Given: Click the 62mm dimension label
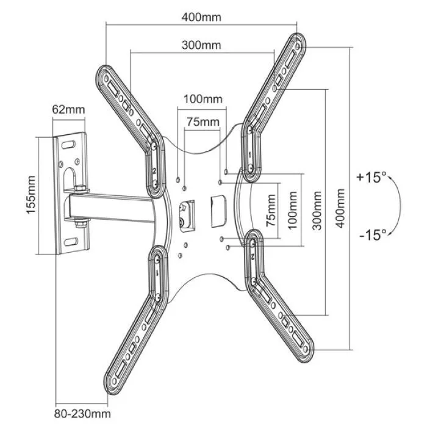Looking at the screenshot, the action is pos(68,109).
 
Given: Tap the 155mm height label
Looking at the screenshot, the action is pos(30,195).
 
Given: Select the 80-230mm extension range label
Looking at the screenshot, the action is pos(82,414).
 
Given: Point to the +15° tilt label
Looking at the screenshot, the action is pos(371,177).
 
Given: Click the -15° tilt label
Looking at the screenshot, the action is pos(373,235).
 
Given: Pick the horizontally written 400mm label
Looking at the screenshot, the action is pos(201,17).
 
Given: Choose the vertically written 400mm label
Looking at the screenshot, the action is pos(340,208).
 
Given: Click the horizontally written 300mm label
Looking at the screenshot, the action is pos(201,45).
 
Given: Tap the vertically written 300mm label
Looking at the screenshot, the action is pos(317,211).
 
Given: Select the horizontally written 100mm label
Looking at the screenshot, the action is pos(203,99).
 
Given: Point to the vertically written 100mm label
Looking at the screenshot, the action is pos(292,210).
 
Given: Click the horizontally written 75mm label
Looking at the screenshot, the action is pos(203,121).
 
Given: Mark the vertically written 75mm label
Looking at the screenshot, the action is pos(271,210).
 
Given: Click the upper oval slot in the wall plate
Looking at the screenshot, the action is pos(68,145).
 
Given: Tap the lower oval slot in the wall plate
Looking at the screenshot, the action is pos(71,242).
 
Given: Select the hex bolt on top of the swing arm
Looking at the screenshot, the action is pos(80,189).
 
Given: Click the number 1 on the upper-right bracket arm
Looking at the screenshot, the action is pos(249,155).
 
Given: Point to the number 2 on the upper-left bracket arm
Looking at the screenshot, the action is pos(154,171).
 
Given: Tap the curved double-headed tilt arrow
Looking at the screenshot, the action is pos(400,205).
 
